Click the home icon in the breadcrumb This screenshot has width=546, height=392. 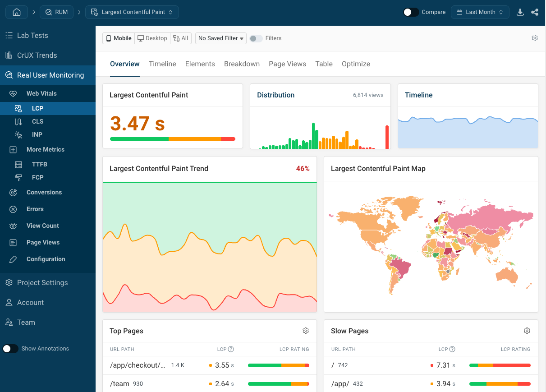pyautogui.click(x=17, y=12)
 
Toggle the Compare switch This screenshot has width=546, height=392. pyautogui.click(x=411, y=12)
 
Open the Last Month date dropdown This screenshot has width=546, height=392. pyautogui.click(x=480, y=12)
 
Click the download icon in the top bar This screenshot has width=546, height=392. pyautogui.click(x=520, y=12)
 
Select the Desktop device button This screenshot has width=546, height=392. pyautogui.click(x=152, y=38)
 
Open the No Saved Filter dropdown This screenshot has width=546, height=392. pyautogui.click(x=221, y=38)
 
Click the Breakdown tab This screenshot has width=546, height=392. pyautogui.click(x=242, y=64)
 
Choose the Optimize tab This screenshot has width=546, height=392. pyautogui.click(x=356, y=64)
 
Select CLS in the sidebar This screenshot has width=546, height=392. pyautogui.click(x=37, y=121)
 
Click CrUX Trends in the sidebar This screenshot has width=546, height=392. pyautogui.click(x=37, y=55)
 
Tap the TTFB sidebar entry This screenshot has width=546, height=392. pyautogui.click(x=39, y=164)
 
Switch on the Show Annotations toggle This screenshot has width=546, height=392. pyautogui.click(x=10, y=349)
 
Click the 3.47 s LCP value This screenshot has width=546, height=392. pyautogui.click(x=138, y=123)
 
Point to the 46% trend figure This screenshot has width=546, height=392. pyautogui.click(x=303, y=169)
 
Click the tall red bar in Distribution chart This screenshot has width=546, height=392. pyautogui.click(x=387, y=137)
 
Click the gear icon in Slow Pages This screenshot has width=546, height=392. pyautogui.click(x=527, y=331)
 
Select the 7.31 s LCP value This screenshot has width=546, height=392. pyautogui.click(x=443, y=365)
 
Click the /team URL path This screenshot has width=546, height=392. pyautogui.click(x=119, y=384)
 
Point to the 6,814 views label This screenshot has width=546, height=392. pyautogui.click(x=368, y=95)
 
